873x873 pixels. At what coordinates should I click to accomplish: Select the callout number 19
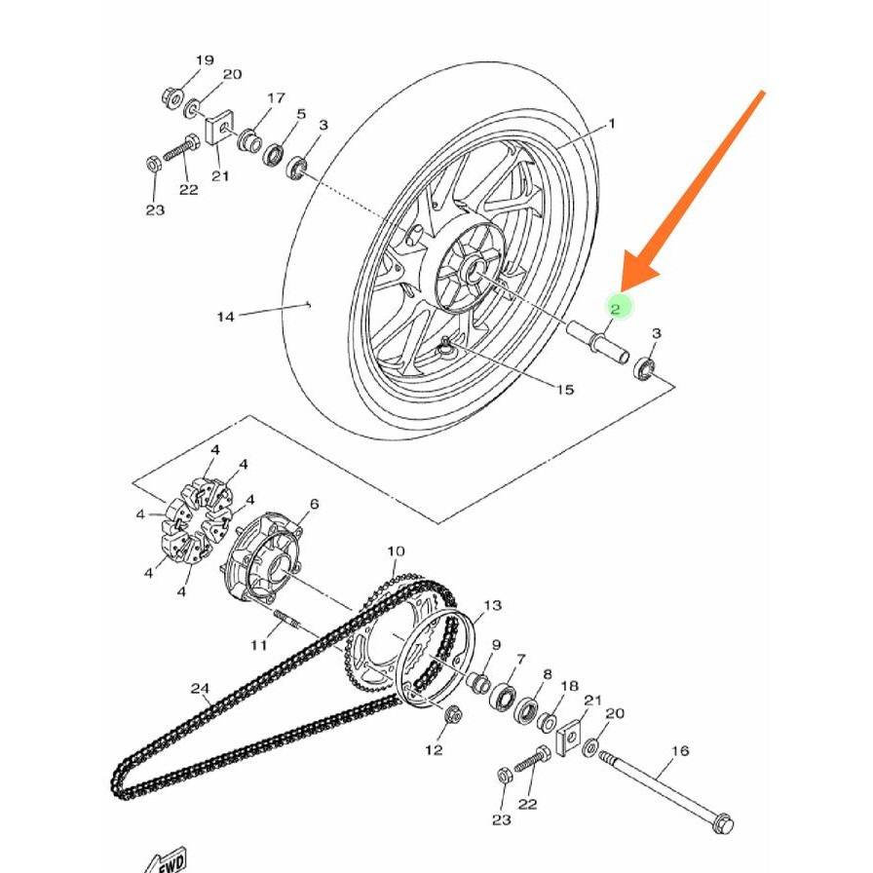(204, 60)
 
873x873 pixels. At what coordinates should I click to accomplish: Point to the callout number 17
(276, 98)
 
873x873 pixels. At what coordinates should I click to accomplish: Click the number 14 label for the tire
(226, 316)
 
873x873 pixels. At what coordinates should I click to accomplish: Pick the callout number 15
(565, 390)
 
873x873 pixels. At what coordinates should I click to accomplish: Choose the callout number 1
(612, 124)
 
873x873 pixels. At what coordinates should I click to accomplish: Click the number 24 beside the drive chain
(200, 689)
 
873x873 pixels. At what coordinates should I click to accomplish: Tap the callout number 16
(680, 750)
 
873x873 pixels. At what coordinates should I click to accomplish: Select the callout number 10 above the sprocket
(396, 551)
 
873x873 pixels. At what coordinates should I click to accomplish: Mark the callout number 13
(492, 605)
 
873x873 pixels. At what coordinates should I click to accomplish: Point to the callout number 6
(314, 504)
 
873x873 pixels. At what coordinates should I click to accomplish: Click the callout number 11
(258, 645)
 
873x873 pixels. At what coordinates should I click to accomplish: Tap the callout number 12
(434, 749)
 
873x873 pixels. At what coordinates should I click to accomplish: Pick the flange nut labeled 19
(171, 97)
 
